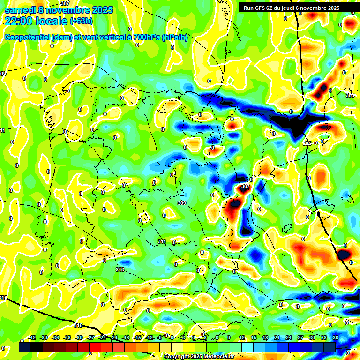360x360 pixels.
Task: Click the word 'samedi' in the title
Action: point(19,10)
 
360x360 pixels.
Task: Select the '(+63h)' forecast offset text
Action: point(81,21)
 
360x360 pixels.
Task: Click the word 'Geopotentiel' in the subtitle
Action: point(27,37)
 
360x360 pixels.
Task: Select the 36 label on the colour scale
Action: point(336,337)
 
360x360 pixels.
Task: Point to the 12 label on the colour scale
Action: point(242,337)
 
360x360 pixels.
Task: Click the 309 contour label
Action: point(182,203)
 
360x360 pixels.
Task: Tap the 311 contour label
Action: point(162,241)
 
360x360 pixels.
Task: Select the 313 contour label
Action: point(120,270)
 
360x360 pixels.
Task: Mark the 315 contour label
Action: point(78,325)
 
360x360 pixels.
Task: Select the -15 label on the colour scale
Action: point(137,337)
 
